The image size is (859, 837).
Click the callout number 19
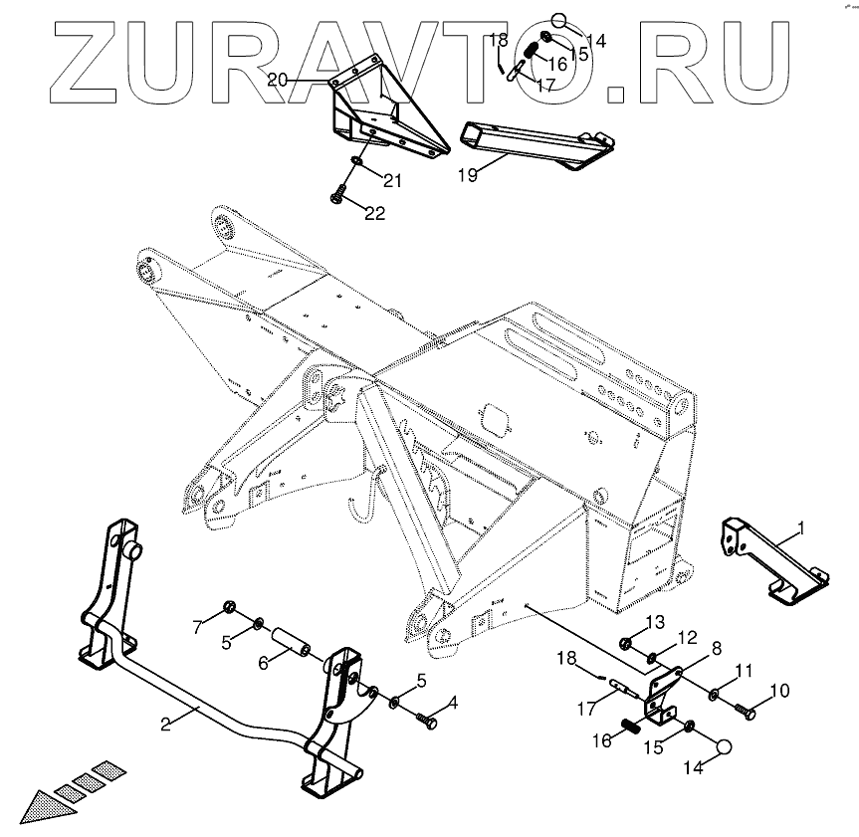coord(467,175)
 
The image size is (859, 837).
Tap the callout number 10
coord(779,689)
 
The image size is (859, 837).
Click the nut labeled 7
coord(228,606)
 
